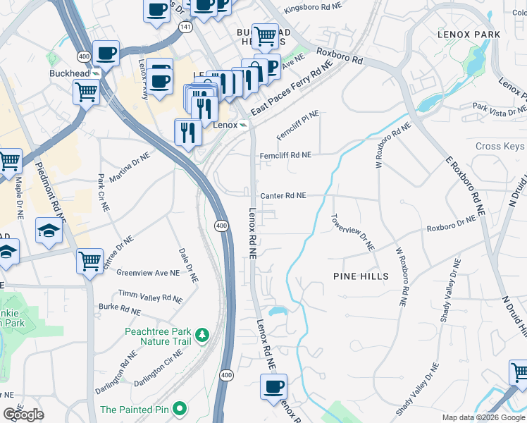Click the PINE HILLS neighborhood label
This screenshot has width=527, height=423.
point(361,277)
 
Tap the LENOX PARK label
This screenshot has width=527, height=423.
point(469,35)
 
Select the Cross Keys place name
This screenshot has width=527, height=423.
point(500,147)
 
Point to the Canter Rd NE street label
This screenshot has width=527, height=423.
point(283,196)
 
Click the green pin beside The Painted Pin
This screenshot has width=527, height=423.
point(180,408)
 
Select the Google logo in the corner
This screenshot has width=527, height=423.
point(23,415)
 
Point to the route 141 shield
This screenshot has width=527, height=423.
point(185,26)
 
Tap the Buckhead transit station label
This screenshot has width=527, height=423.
point(70,73)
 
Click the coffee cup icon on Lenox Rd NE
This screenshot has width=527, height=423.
point(273,386)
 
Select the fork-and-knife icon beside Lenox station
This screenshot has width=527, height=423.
point(187,132)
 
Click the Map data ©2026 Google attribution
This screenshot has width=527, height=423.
point(483,417)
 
